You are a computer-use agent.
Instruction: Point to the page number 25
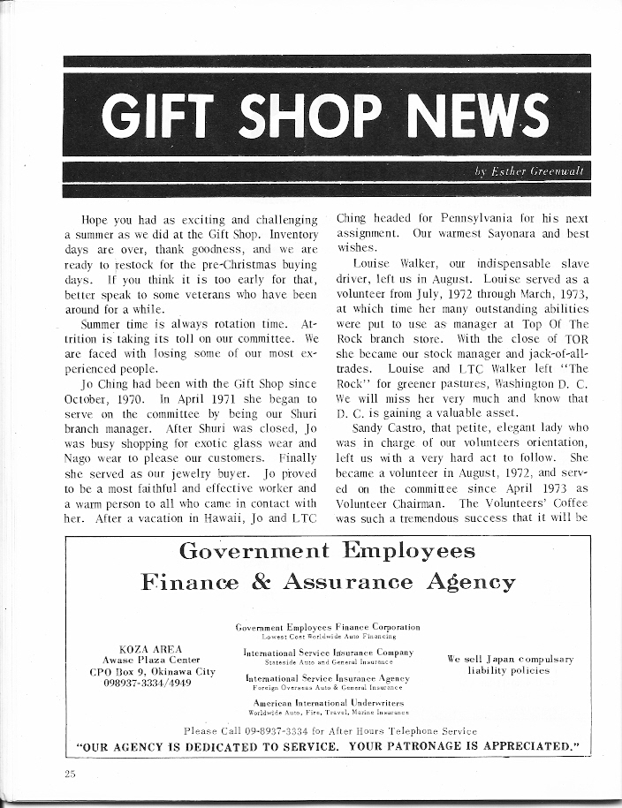point(70,773)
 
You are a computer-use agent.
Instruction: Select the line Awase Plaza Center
point(151,661)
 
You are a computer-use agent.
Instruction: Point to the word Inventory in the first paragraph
point(285,236)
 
